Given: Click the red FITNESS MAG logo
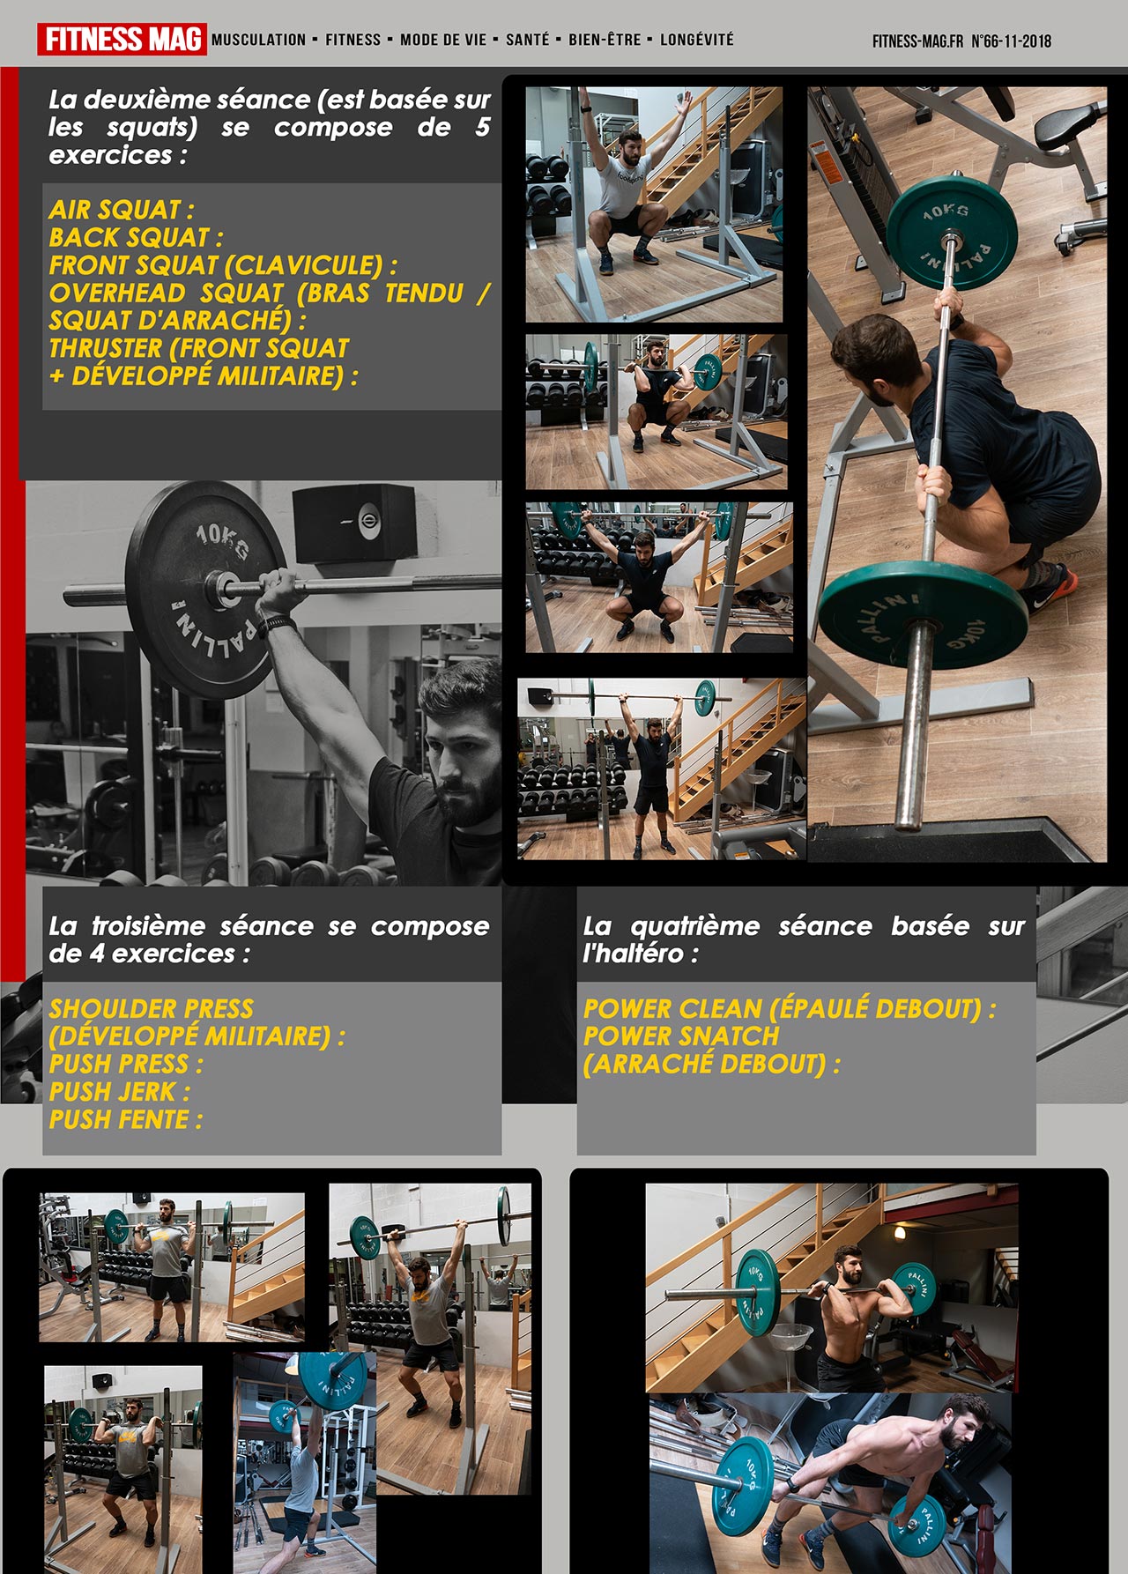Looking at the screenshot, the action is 122,40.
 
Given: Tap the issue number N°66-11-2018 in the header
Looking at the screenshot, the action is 1011,41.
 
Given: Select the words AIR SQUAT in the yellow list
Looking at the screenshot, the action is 115,210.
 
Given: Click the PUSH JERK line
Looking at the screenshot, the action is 120,1092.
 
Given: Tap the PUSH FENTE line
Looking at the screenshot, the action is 126,1119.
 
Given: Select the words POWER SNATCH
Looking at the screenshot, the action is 681,1036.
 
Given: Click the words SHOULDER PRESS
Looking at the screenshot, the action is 152,1008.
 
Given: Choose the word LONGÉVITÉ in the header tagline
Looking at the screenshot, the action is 696,40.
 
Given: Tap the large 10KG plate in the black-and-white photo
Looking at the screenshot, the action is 207,589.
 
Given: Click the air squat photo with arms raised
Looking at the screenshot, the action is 654,204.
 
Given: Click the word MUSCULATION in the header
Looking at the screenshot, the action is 258,40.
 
